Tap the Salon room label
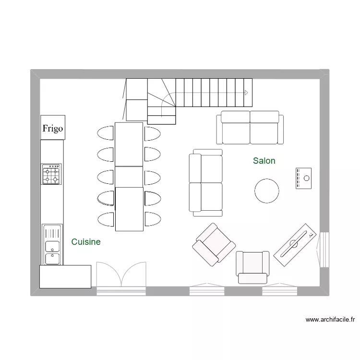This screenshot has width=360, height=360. [264, 161]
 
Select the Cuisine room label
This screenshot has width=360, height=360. [86, 242]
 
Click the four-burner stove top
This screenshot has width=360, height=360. [52, 174]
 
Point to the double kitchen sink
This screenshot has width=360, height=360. [52, 245]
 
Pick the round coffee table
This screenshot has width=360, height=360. [266, 191]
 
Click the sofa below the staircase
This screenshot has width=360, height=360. [250, 127]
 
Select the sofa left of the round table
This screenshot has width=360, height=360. [205, 182]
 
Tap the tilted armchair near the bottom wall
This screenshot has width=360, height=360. [214, 245]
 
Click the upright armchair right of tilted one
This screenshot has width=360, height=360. [252, 267]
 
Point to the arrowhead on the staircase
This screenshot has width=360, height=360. [246, 93]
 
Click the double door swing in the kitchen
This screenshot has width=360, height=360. [121, 276]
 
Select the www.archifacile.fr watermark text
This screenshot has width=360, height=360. [330, 319]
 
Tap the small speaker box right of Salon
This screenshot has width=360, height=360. [303, 178]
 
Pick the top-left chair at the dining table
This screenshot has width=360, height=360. [106, 133]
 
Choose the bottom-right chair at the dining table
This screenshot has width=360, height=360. [153, 219]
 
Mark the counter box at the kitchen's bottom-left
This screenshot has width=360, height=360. [65, 276]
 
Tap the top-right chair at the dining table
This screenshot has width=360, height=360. [153, 133]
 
